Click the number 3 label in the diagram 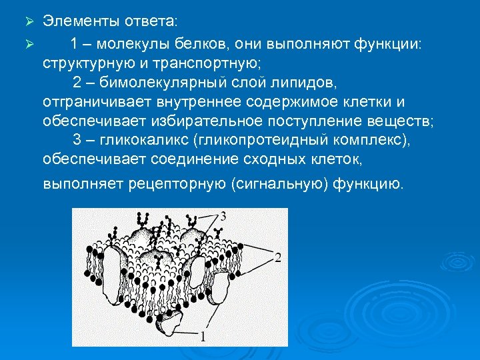click(223, 216)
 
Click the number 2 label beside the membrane click(278, 257)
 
